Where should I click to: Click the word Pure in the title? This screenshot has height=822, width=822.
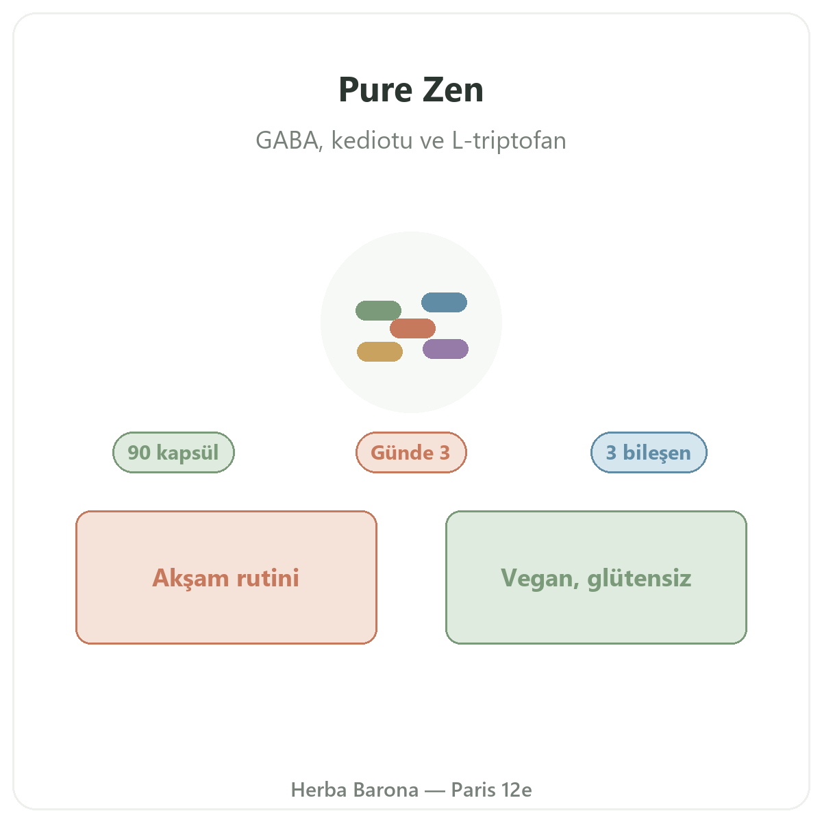(x=375, y=90)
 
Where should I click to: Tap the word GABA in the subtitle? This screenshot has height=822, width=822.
(x=288, y=140)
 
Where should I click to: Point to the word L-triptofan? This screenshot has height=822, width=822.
(x=509, y=140)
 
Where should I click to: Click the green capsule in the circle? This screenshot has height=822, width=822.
(x=378, y=310)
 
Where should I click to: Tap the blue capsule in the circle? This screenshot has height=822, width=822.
(x=444, y=302)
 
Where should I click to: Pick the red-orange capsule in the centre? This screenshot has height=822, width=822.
(x=412, y=328)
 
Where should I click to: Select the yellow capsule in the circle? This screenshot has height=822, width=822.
(x=379, y=351)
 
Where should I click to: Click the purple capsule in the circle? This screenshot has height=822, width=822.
(x=445, y=349)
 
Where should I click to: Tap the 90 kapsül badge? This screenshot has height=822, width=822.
(x=173, y=452)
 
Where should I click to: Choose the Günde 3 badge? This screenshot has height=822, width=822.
(x=411, y=452)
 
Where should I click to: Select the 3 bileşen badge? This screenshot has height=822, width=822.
(x=649, y=452)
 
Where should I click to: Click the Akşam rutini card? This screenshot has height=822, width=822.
(x=226, y=577)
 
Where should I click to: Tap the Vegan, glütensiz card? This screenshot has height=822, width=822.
(x=596, y=577)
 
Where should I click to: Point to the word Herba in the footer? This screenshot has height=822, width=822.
(x=319, y=790)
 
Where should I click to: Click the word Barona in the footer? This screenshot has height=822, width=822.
(x=386, y=790)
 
